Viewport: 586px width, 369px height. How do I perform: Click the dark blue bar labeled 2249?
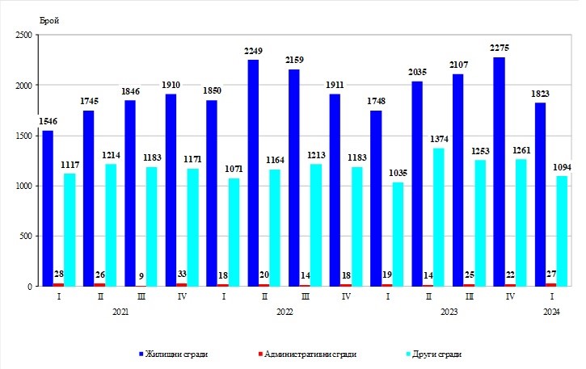(x=253, y=173)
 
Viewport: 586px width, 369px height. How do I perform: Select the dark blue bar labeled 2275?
(x=500, y=171)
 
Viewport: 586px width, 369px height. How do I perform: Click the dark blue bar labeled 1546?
(x=48, y=208)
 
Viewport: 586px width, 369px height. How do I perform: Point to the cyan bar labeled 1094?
(x=562, y=231)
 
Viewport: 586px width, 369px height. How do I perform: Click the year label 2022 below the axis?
(x=285, y=311)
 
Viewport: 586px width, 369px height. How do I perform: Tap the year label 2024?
(x=552, y=311)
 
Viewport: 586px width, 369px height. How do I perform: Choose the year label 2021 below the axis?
(x=120, y=311)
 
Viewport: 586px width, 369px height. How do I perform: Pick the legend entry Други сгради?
(x=436, y=353)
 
